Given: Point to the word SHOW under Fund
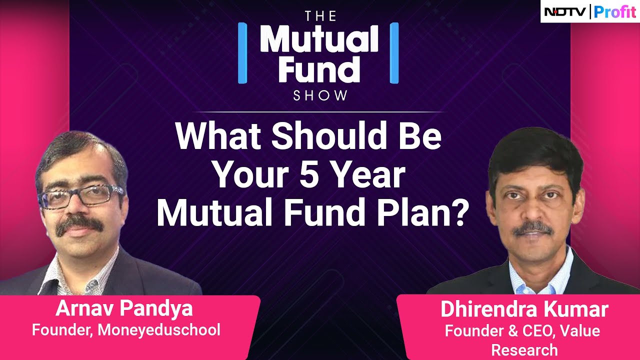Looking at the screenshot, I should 320,95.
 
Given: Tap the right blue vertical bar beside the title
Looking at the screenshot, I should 394,52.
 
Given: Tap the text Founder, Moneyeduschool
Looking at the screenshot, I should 126,330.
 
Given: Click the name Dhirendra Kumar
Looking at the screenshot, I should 524,310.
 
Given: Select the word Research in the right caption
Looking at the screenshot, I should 524,349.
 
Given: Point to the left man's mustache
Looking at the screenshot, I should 80,226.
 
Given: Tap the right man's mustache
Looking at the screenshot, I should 533,228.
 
